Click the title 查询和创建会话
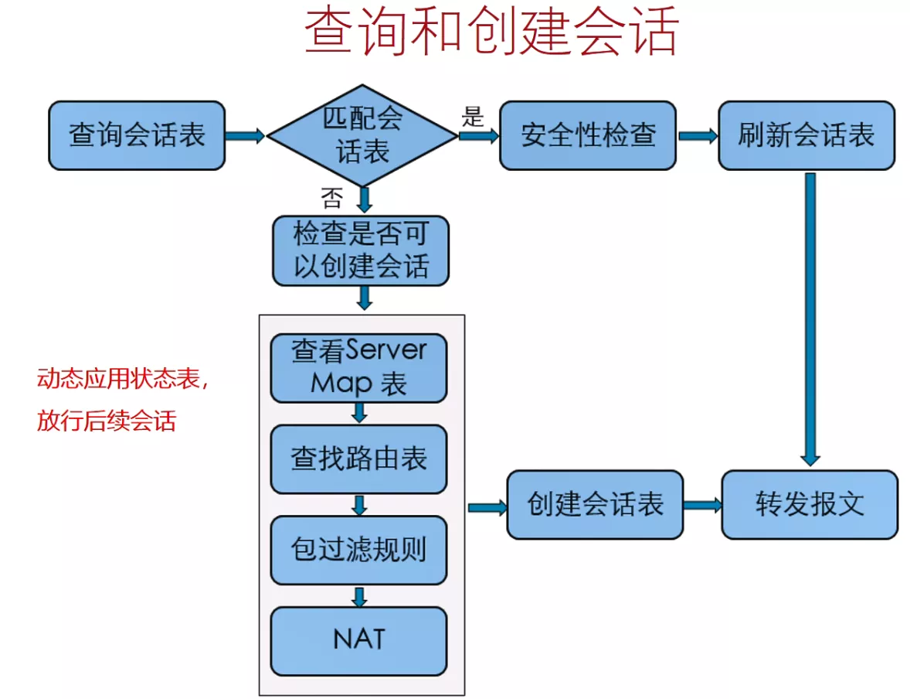click(x=491, y=32)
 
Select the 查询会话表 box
click(x=137, y=135)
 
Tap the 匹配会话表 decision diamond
click(x=362, y=135)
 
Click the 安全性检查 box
click(x=587, y=135)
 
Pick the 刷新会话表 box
click(x=806, y=135)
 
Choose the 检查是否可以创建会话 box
click(x=360, y=251)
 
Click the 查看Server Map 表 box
click(x=358, y=367)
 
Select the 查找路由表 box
click(x=358, y=459)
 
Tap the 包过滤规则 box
click(x=358, y=550)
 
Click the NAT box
click(x=358, y=641)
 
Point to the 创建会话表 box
click(x=595, y=505)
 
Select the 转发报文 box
click(x=810, y=505)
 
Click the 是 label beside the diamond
click(x=472, y=118)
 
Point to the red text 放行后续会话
click(x=107, y=421)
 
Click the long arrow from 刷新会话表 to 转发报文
click(x=810, y=317)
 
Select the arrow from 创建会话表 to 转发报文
click(x=702, y=506)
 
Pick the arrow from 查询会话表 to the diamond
click(x=245, y=136)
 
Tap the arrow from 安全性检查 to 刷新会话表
click(x=698, y=136)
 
